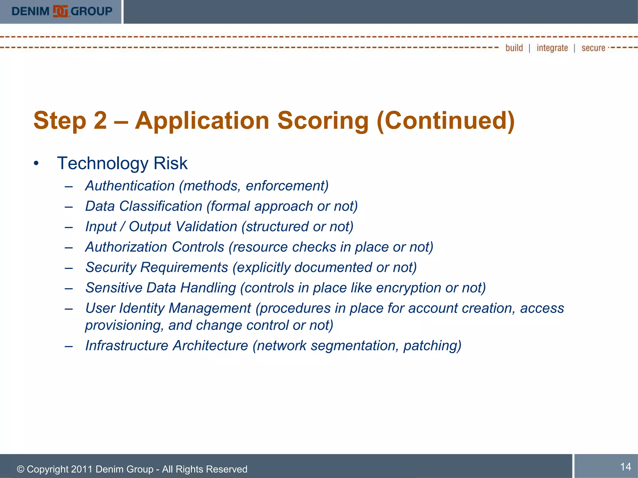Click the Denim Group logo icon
(60, 11)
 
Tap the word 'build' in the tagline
(514, 48)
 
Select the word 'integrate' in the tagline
(552, 48)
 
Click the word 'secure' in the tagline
(593, 48)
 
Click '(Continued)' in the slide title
(445, 121)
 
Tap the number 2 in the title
(100, 121)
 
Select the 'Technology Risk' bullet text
(122, 163)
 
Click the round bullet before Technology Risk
(36, 163)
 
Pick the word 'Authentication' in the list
(130, 186)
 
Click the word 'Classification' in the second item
(161, 206)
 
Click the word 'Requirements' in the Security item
(184, 267)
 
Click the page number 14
(626, 466)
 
